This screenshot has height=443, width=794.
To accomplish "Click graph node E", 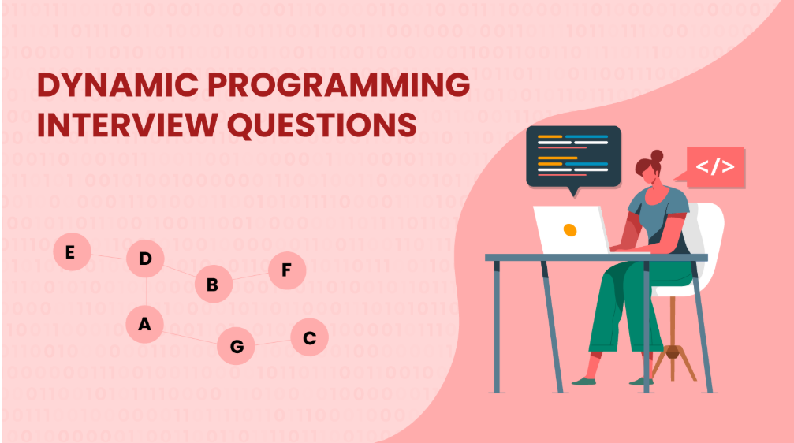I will click(x=71, y=253).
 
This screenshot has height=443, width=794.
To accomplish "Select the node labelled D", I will click(x=145, y=259).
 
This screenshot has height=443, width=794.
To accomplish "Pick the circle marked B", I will click(x=212, y=285).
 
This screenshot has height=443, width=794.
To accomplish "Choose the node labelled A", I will click(x=145, y=324).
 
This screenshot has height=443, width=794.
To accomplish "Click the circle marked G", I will click(x=236, y=345).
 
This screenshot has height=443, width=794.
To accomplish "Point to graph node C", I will click(x=309, y=338).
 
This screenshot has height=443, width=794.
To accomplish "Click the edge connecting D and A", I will click(x=145, y=292).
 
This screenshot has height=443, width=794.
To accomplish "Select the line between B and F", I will click(x=250, y=278).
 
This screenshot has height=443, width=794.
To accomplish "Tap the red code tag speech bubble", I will click(x=714, y=167).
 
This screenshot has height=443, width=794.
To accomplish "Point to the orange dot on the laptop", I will click(x=570, y=229).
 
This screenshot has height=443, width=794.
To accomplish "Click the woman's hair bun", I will click(x=657, y=156).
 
